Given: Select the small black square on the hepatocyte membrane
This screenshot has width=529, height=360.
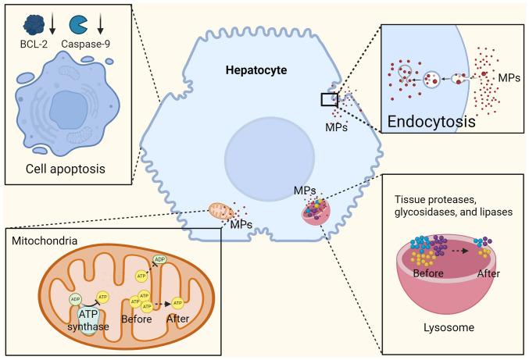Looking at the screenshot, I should pos(330,99).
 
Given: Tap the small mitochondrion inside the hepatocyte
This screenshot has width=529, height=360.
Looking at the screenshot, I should pos(222,211).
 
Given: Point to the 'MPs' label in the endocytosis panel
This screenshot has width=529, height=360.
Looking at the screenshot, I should pos(506,77).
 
